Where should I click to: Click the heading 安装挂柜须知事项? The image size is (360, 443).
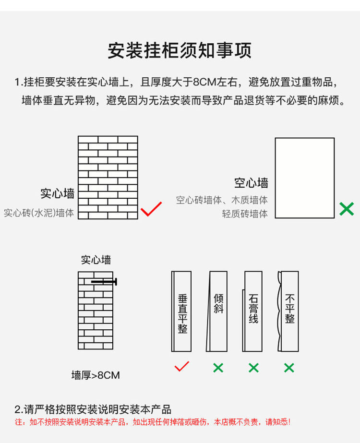[x=180, y=50]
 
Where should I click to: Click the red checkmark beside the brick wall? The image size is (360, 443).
[x=151, y=209]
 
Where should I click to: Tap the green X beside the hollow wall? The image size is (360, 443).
[x=346, y=209]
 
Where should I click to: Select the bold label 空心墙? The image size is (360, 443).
[x=251, y=183]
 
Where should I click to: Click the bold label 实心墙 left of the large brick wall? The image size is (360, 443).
[x=57, y=193]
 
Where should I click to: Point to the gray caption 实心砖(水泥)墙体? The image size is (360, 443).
[x=39, y=213]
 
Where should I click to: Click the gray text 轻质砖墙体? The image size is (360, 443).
[x=245, y=214]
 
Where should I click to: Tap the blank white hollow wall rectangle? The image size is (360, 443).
[x=304, y=178]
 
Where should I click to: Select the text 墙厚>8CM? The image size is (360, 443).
[x=96, y=375]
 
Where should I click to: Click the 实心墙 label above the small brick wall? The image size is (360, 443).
[x=96, y=260]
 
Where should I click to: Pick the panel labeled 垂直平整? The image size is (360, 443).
[x=182, y=311]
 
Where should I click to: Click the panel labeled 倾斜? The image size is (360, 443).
[x=217, y=311]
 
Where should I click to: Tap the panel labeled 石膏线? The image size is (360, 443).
[x=253, y=311]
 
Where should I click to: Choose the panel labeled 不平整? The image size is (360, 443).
[x=289, y=311]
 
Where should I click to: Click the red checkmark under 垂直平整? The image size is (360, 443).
[x=182, y=367]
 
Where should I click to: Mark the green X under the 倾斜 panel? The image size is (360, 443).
[x=218, y=368]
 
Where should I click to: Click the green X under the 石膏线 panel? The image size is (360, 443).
[x=253, y=368]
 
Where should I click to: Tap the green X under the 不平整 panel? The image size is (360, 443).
[x=289, y=368]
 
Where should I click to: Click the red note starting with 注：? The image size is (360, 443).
[x=152, y=422]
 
